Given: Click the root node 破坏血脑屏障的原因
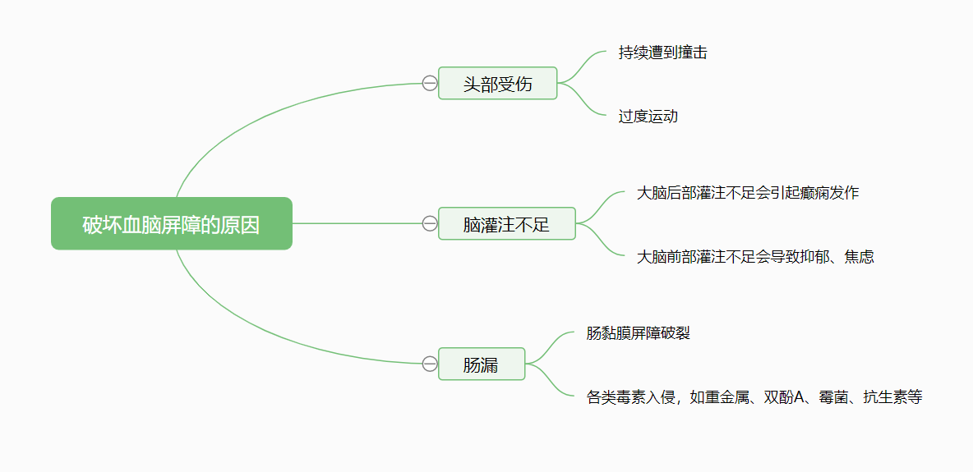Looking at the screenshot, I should pyautogui.click(x=171, y=223).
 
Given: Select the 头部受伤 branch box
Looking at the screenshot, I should pyautogui.click(x=498, y=83).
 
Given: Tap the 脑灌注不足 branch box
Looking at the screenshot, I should pyautogui.click(x=506, y=223).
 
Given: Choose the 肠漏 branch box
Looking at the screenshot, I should pyautogui.click(x=482, y=364).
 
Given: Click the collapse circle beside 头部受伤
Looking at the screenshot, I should pyautogui.click(x=430, y=83).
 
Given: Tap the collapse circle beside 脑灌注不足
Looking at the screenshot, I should pyautogui.click(x=430, y=223).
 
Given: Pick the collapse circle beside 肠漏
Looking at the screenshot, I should pyautogui.click(x=430, y=364).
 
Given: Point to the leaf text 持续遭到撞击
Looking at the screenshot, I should pyautogui.click(x=662, y=53).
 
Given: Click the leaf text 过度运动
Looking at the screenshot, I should pyautogui.click(x=648, y=116).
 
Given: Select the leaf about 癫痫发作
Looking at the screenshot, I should pyautogui.click(x=748, y=193).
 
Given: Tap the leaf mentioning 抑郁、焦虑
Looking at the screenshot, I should pyautogui.click(x=755, y=256).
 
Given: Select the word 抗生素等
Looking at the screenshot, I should pyautogui.click(x=892, y=397).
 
